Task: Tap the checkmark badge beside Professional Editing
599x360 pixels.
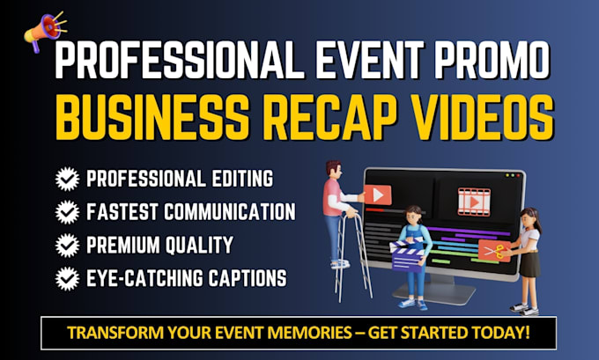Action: point(66,180)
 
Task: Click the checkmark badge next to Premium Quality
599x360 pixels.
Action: point(66,246)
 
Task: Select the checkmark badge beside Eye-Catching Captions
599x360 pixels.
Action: point(66,279)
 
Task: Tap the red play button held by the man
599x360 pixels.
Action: point(377,194)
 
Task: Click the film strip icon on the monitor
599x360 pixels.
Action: point(473,200)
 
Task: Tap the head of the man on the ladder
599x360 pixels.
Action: point(333,168)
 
